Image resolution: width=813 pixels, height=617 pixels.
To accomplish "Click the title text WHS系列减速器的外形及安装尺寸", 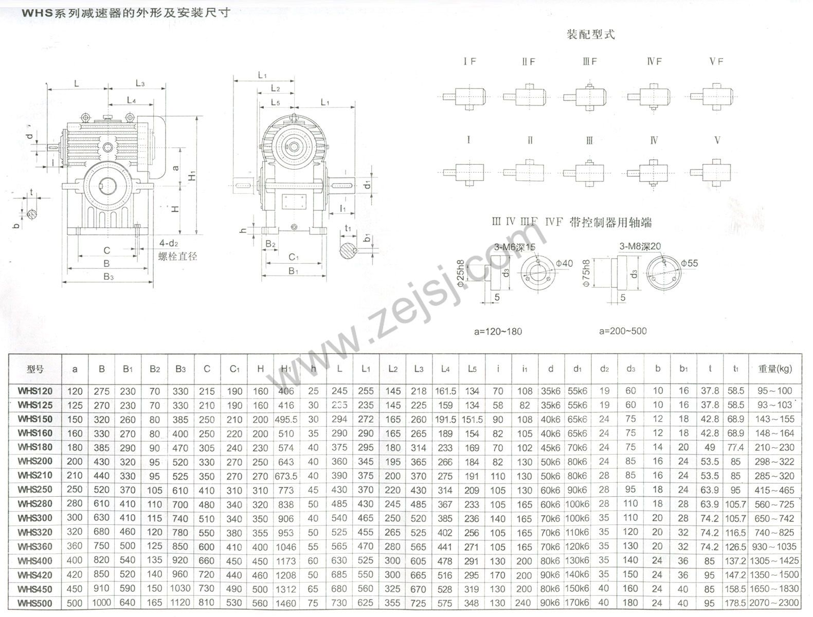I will [x=125, y=13].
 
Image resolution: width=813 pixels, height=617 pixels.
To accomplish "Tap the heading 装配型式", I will [x=590, y=35].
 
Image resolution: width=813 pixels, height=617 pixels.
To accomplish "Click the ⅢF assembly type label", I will [x=590, y=62].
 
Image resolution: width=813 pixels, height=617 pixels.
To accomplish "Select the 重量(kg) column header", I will [x=774, y=369].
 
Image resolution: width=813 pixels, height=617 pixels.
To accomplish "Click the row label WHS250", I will [x=35, y=490].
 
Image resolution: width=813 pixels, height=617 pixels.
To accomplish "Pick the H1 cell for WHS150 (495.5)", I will [x=286, y=420].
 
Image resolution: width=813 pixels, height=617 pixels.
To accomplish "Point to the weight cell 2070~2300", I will [x=774, y=603].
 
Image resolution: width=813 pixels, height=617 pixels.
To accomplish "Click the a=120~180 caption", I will [x=498, y=332].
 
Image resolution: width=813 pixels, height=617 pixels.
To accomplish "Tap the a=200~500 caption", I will [x=623, y=331].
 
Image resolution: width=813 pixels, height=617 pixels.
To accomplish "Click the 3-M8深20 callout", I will [x=640, y=246].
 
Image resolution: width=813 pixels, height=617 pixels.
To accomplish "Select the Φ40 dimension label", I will [x=565, y=263].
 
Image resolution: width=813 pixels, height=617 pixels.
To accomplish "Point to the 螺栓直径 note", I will [x=178, y=256].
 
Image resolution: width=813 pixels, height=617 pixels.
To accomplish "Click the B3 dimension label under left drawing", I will [x=108, y=277].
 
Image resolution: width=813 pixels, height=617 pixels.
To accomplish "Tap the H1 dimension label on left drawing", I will [x=192, y=175].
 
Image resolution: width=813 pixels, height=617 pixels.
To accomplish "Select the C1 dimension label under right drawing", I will [x=294, y=257].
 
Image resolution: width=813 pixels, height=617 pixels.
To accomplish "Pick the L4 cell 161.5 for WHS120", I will [x=445, y=391].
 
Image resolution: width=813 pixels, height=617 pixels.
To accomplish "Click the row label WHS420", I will [x=35, y=575].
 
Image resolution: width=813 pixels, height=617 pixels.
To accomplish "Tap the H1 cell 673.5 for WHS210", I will [x=286, y=476].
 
